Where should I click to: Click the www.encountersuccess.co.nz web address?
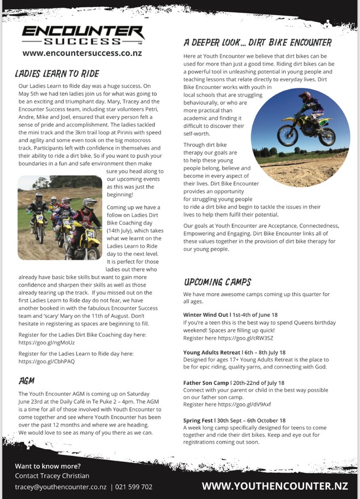(83, 53)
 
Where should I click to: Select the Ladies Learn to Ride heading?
(58, 73)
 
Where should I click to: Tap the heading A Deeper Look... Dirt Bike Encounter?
(257, 43)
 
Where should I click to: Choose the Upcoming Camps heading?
(217, 282)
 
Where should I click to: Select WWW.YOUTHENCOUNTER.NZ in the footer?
(275, 486)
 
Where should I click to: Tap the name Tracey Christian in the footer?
(67, 476)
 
